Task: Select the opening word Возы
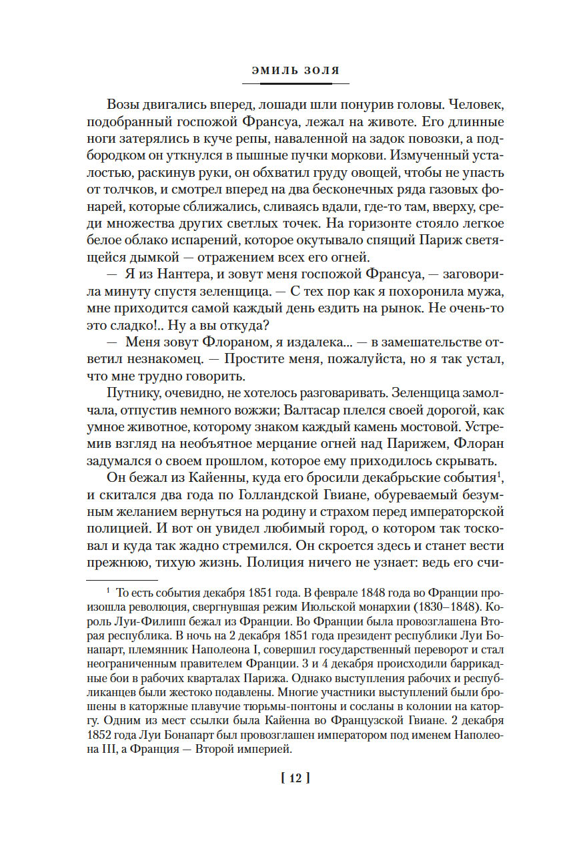point(124,105)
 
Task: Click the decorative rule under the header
point(296,83)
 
